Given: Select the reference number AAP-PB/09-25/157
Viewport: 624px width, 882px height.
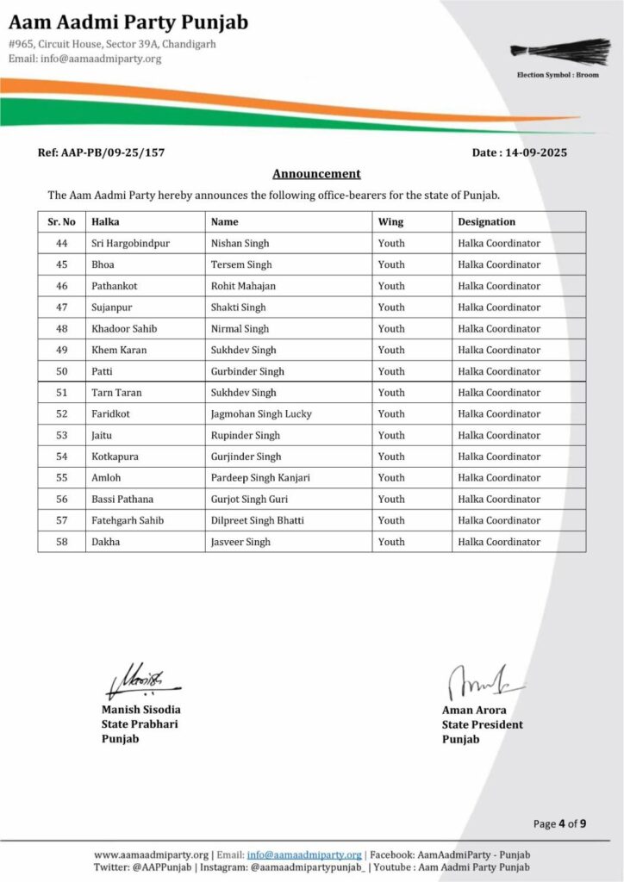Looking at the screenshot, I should tap(101, 152).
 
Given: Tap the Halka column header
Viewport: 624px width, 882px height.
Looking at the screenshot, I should tap(105, 222).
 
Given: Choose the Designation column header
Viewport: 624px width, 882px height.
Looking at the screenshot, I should tap(486, 222).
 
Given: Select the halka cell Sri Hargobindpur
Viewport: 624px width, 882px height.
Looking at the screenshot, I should tap(130, 244).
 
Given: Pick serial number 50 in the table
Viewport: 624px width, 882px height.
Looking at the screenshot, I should tap(61, 371).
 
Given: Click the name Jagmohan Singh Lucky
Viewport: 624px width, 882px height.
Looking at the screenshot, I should tap(261, 413).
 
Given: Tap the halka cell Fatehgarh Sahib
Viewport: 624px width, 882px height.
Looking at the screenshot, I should tap(127, 520).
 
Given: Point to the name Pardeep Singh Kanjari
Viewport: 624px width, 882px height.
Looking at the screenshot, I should tap(260, 478).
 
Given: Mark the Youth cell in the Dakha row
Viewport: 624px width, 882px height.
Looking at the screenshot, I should tap(391, 542).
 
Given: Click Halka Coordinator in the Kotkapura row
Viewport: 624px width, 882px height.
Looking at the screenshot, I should tap(499, 457).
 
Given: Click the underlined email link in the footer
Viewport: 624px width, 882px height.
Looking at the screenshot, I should tap(303, 854).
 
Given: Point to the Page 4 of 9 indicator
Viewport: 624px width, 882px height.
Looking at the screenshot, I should tap(559, 823).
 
